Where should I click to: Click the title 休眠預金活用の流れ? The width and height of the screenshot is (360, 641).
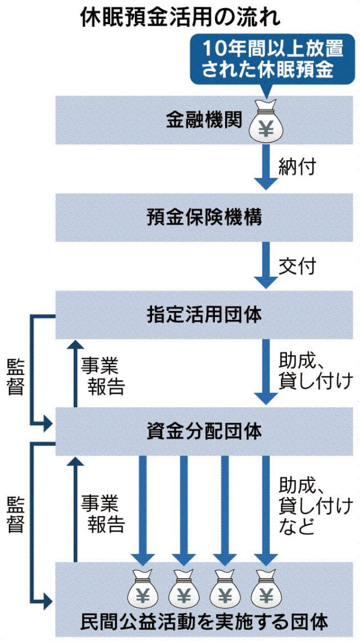tap(180, 17)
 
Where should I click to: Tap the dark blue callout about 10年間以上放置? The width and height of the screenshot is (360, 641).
tap(266, 59)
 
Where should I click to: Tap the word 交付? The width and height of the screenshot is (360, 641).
tap(297, 266)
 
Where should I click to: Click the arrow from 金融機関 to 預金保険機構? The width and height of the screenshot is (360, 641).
tap(264, 166)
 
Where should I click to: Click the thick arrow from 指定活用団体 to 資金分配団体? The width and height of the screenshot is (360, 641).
tap(264, 372)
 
